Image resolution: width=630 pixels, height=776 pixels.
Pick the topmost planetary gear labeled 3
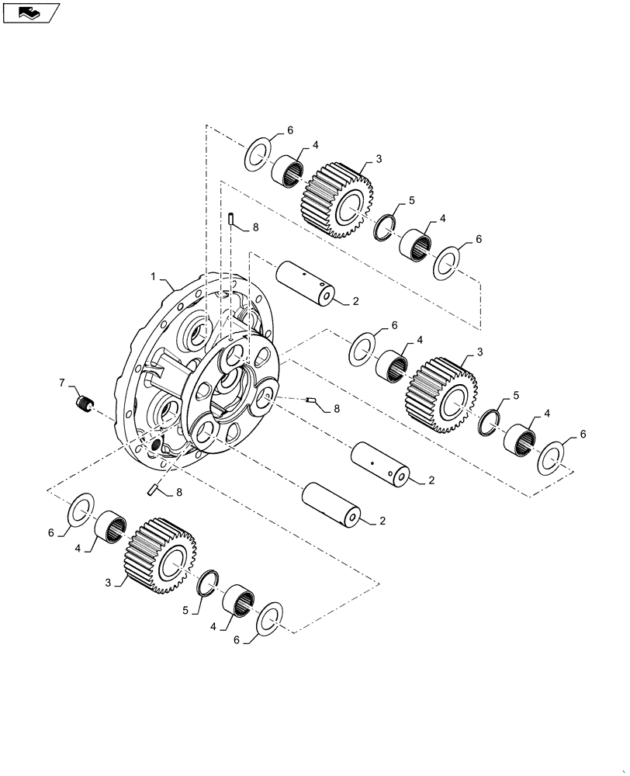click(x=337, y=199)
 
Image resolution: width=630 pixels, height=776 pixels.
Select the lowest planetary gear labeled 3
click(x=159, y=554)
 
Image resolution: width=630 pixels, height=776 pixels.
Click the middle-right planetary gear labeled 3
click(x=440, y=394)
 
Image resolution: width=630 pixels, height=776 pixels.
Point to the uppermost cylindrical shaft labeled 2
click(x=306, y=284)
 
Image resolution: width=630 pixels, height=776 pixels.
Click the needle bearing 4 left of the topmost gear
click(x=287, y=170)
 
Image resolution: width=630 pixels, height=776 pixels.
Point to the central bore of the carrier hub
click(x=233, y=390)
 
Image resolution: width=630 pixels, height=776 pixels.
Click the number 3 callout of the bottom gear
click(x=109, y=581)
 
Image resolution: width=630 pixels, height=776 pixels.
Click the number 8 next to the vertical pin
click(x=256, y=227)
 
